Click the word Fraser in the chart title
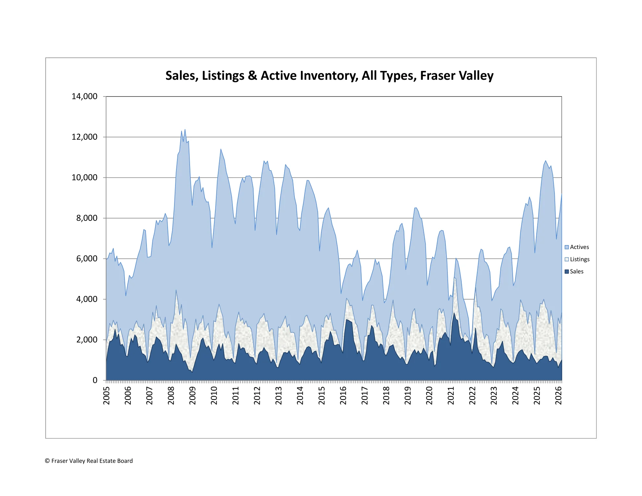pos(434,76)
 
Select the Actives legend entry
pos(579,247)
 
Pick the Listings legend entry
pos(579,259)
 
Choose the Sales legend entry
pos(576,272)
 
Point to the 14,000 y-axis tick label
pos(84,96)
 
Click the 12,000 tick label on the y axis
pos(84,137)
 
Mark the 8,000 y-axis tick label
pos(87,218)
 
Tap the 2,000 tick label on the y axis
pos(87,340)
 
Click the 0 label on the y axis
pos(95,380)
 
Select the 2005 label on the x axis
pos(106,396)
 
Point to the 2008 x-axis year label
pos(171,396)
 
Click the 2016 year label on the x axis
pos(343,396)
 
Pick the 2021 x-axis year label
pos(451,396)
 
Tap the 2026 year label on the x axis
pos(558,396)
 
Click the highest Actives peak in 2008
pos(185,130)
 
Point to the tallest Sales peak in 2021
pos(454,313)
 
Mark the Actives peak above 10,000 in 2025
pos(546,161)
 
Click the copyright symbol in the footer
pos(47,461)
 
